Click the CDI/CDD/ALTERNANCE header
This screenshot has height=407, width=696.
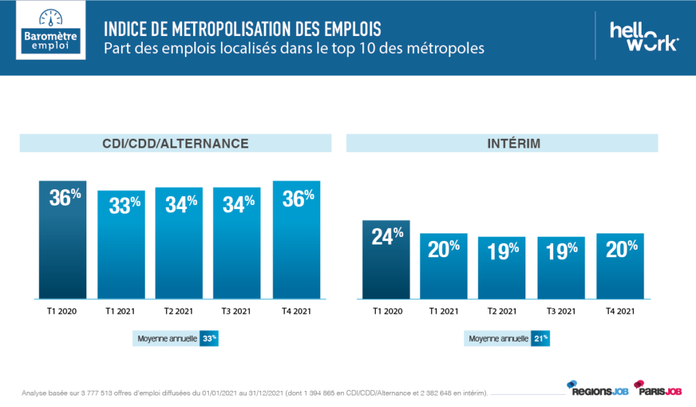(x=175, y=143)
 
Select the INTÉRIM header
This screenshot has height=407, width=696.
(x=502, y=143)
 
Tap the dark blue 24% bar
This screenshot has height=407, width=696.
(x=386, y=259)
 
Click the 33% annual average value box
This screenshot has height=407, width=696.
(x=209, y=338)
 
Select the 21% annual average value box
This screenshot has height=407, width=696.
(x=540, y=338)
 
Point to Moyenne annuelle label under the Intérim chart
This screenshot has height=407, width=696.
(x=498, y=338)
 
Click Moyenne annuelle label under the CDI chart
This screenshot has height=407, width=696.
(x=167, y=338)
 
